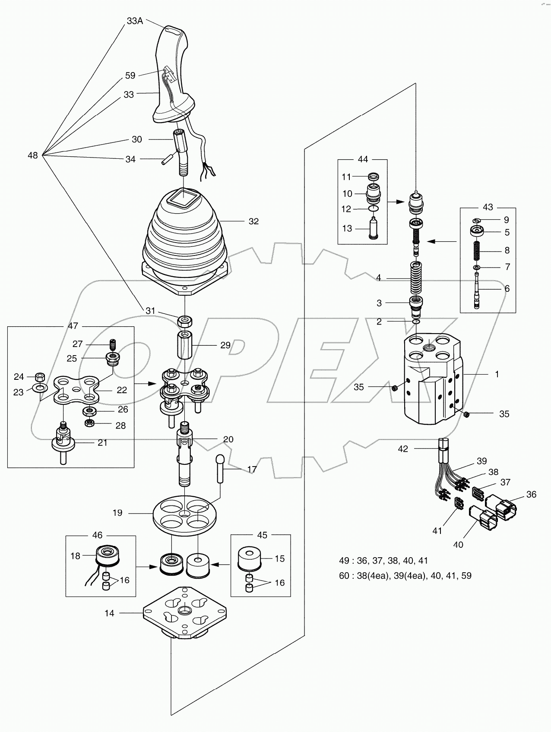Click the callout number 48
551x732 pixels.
pyautogui.click(x=33, y=155)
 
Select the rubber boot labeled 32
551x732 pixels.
pyautogui.click(x=185, y=242)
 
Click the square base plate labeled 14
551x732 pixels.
pyautogui.click(x=185, y=613)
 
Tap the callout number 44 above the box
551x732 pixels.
pyautogui.click(x=363, y=159)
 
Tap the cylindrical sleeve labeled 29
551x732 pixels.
pyautogui.click(x=185, y=345)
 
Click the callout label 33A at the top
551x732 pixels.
pyautogui.click(x=134, y=21)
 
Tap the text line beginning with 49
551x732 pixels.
pyautogui.click(x=383, y=560)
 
